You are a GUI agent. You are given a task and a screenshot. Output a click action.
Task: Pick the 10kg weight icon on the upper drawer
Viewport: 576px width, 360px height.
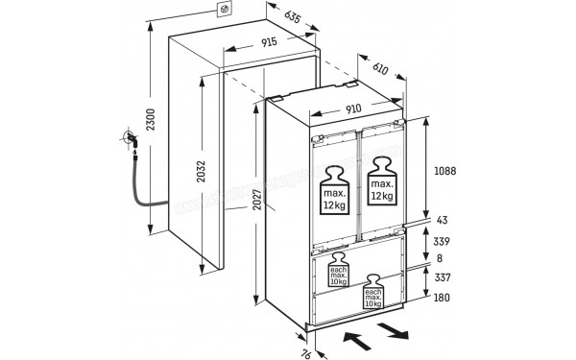[x=339, y=273]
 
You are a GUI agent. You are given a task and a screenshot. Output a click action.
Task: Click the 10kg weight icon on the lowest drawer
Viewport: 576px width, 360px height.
[x=373, y=293]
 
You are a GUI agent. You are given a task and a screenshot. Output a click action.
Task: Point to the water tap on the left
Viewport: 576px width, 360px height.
[x=130, y=143]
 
